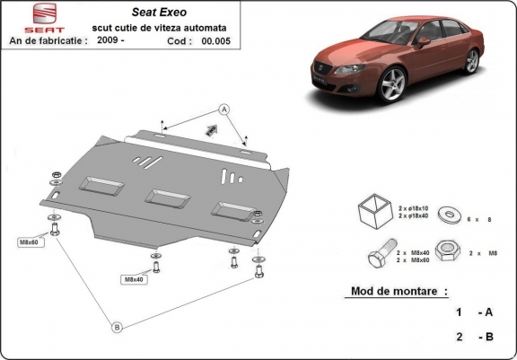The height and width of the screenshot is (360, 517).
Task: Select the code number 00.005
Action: coord(215,40)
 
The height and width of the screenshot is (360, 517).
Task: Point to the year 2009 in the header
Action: coord(110,40)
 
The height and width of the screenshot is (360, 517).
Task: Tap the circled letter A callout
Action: coord(224,109)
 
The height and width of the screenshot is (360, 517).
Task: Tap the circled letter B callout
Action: coord(116,326)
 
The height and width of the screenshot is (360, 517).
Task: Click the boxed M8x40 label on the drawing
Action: coord(132,279)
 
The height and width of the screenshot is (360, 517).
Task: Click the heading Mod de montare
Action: coord(396,292)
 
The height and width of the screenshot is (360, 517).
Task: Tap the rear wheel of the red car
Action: coord(472,61)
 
